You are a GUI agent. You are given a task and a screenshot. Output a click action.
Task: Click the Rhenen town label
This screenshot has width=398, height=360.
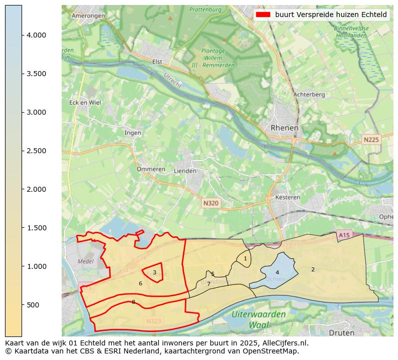[x=284, y=128]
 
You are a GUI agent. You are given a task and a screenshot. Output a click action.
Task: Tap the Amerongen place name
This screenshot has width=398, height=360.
[x=88, y=16]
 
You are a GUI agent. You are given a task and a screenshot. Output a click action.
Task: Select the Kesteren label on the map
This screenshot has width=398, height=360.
[x=288, y=197]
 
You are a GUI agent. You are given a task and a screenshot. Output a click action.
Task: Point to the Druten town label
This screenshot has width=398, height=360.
[x=341, y=332]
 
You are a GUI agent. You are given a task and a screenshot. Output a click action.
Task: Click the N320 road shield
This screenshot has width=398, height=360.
[x=211, y=203]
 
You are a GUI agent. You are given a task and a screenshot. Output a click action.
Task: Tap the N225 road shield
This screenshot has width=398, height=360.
[x=371, y=140]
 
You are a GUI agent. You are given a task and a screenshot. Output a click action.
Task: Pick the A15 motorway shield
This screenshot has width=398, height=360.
[x=344, y=235]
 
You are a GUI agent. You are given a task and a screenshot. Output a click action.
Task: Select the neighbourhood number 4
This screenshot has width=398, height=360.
[x=277, y=272]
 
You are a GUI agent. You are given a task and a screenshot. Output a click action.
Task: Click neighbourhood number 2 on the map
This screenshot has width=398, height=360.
[x=313, y=269]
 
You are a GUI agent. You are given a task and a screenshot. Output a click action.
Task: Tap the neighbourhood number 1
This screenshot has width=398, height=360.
[x=245, y=258]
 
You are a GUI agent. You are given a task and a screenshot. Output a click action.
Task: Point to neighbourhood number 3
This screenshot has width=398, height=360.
[x=154, y=272]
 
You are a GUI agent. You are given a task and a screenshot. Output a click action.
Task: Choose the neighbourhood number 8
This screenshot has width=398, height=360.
[x=133, y=302]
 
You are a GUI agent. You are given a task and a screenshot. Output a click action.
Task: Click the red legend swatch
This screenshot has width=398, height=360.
[x=263, y=15]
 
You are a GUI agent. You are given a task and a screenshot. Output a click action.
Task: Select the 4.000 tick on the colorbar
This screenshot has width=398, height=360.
[x=37, y=35]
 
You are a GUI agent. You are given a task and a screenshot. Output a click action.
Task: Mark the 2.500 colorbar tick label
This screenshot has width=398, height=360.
[x=37, y=151]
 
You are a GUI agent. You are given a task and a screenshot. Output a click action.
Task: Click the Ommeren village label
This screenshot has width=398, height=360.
[x=151, y=169]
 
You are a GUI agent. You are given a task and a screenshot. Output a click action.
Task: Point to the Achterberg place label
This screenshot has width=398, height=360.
[x=309, y=94]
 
